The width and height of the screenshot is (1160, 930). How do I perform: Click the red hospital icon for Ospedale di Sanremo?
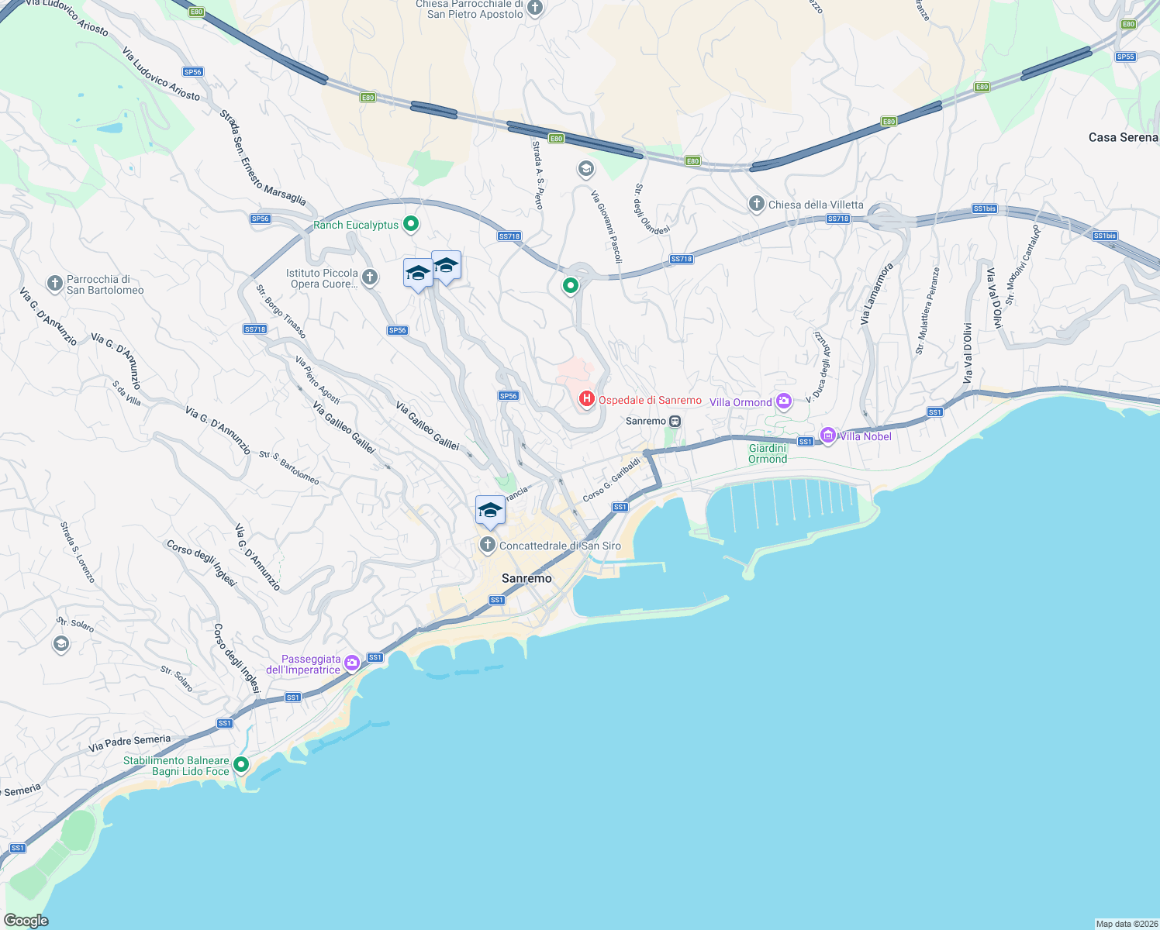pos(587,399)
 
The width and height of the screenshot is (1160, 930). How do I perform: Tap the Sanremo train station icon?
pos(675,421)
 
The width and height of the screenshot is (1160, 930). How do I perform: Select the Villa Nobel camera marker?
pos(828,436)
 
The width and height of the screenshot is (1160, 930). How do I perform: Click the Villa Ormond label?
pos(741,402)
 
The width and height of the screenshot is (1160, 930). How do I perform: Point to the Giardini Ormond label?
pos(768,453)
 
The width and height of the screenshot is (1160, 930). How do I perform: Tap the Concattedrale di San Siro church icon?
pos(487,545)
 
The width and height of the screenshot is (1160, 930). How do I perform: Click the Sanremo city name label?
pos(526,578)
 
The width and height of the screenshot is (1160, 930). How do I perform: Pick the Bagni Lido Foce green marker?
pos(241,765)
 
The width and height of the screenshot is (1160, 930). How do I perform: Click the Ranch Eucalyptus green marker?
pos(411,225)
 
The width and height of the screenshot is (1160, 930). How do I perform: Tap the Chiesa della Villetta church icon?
pos(756,204)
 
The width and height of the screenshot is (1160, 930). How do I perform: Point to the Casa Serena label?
pos(1123,137)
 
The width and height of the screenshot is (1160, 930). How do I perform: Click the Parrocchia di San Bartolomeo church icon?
pos(54,284)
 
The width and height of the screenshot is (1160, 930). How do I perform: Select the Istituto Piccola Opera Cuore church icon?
pos(370,277)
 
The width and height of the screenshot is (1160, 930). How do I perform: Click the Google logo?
pos(26,921)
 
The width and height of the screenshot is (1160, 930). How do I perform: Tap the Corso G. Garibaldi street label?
pos(612,479)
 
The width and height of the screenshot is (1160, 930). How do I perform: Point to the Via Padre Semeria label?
pos(129,743)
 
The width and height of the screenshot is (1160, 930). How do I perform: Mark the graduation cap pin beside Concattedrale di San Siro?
pos(490,511)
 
